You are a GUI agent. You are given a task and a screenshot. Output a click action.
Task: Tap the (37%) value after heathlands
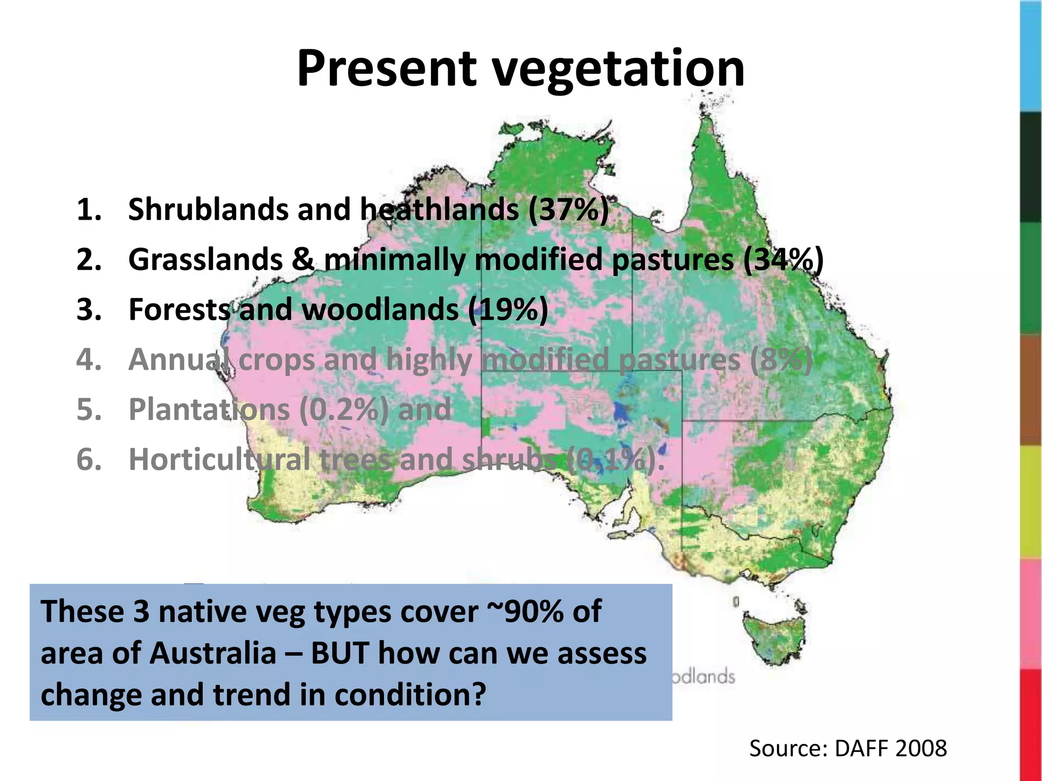point(568,209)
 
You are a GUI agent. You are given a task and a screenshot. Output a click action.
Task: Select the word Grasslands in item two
point(205,259)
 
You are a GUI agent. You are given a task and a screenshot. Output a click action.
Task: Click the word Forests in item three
point(179,309)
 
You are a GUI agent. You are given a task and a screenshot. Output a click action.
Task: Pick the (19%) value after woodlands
point(508,309)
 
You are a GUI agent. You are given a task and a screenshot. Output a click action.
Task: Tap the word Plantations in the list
point(209,409)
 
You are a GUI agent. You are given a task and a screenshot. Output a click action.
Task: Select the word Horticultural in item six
point(219,459)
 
